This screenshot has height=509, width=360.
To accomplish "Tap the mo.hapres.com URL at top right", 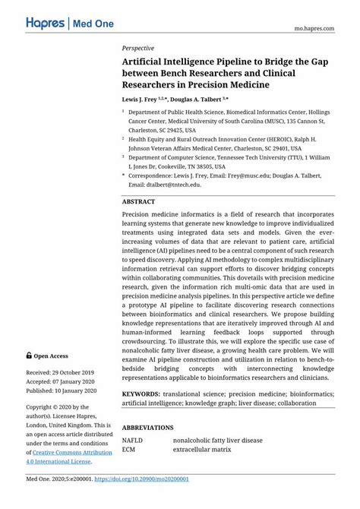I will pos(314,27).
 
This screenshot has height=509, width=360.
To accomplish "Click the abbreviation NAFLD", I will pos(134,440).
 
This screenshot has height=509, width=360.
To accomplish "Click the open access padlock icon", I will pos(29,355).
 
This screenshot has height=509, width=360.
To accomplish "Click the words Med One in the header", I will pos(93,24).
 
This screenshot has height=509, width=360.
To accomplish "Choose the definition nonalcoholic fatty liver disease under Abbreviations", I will pos(217,440).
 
